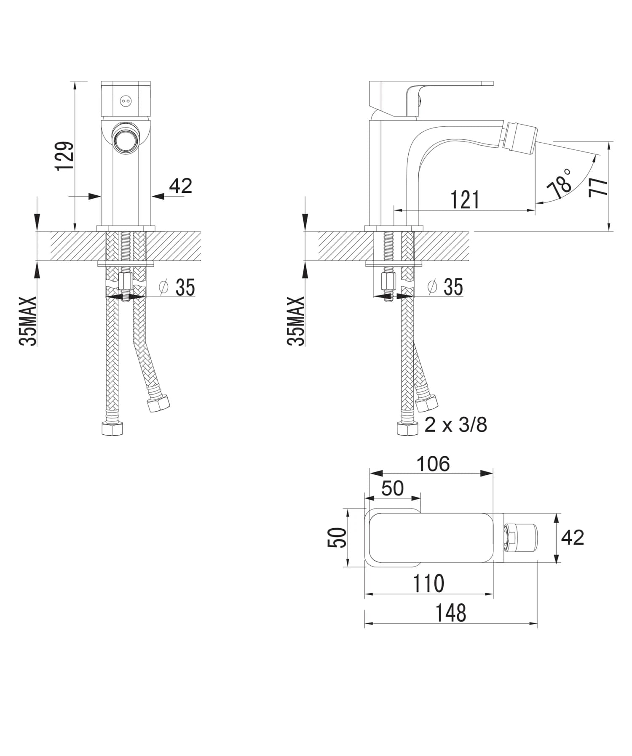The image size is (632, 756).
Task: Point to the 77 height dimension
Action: pos(599,186)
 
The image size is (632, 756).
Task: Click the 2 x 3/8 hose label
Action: pos(455,425)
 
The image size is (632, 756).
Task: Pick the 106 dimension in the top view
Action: pos(433,464)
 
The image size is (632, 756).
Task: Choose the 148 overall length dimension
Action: pos(450,613)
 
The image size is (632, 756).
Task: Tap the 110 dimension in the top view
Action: pos(428,583)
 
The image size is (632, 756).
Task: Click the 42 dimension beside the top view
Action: pos(573,538)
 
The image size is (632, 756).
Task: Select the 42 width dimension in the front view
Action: pos(180,186)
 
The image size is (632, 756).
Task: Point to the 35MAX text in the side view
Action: pos(296,321)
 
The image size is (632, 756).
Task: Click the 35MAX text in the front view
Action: pos(28,321)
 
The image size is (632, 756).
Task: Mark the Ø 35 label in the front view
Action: pos(177,287)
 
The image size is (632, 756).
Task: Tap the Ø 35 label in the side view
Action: pos(445,287)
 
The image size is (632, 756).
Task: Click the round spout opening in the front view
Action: pos(126,139)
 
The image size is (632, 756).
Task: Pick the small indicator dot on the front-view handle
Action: pos(126,101)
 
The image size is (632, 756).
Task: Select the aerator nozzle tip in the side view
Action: pos(521,136)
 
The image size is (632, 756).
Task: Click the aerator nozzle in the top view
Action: pos(521,538)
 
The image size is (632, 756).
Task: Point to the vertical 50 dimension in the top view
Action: pos(337,538)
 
